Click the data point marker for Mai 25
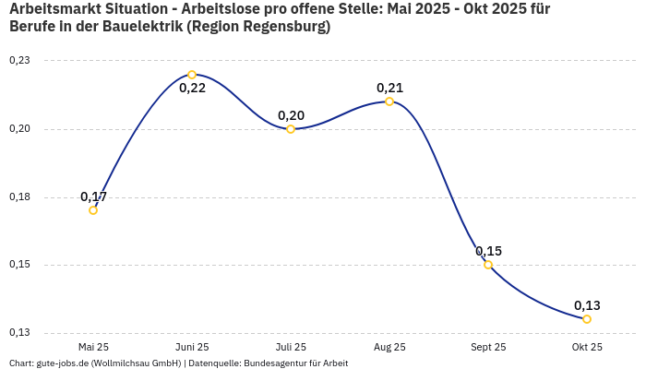(x=93, y=210)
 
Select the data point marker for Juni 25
(x=192, y=75)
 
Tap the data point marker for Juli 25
(x=291, y=129)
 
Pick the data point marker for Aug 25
(x=389, y=101)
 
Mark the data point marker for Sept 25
(x=488, y=265)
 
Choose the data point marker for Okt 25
(x=587, y=319)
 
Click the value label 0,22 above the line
(x=192, y=89)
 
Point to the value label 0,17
(x=93, y=196)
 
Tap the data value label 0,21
(x=389, y=88)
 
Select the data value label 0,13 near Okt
(x=587, y=305)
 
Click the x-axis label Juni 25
(x=192, y=347)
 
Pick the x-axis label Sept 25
(x=488, y=347)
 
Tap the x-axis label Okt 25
(x=587, y=347)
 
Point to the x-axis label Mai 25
(x=93, y=347)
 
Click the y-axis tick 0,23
(x=19, y=61)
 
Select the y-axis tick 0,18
(x=19, y=197)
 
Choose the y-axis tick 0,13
(x=19, y=333)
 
